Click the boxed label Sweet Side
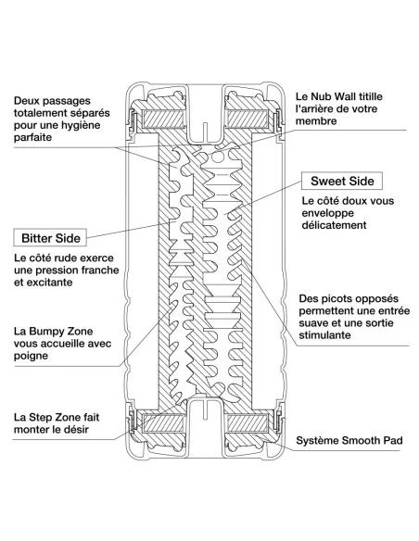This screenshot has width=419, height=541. (342, 181)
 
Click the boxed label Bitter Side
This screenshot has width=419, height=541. (50, 238)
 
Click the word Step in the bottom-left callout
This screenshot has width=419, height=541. (41, 418)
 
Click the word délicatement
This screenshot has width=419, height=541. (334, 225)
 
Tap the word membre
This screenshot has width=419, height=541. (316, 121)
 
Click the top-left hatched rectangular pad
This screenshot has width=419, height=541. (164, 119)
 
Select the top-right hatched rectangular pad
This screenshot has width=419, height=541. (248, 119)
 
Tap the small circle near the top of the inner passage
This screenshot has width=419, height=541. (218, 157)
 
